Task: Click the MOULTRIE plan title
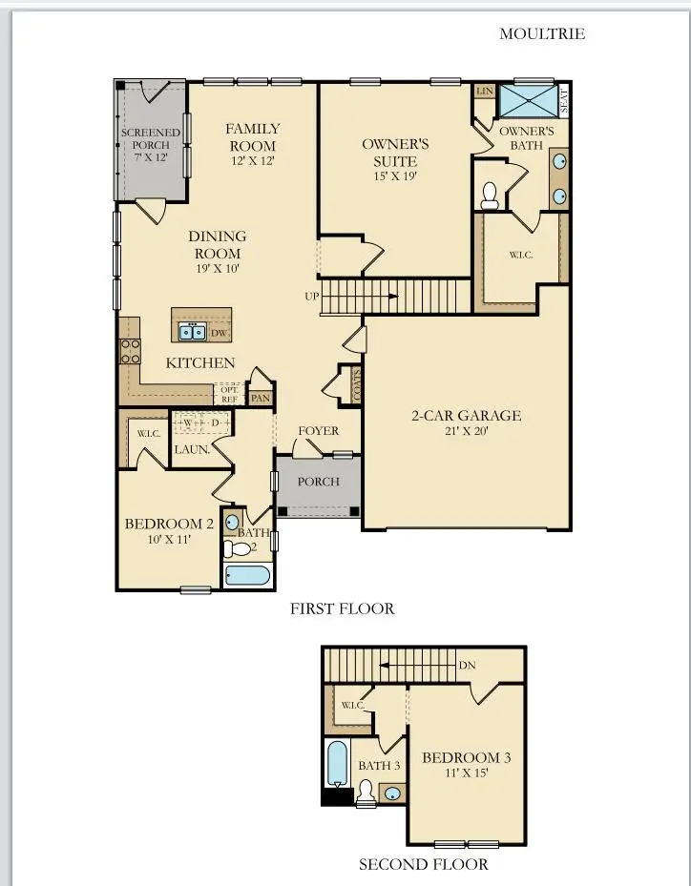click(x=541, y=34)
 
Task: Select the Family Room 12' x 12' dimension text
click(x=252, y=161)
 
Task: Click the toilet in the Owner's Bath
click(x=491, y=196)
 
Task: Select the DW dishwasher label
click(x=218, y=333)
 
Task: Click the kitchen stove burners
click(x=130, y=351)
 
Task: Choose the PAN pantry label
click(x=260, y=398)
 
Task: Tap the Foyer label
click(x=318, y=431)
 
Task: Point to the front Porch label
click(x=318, y=482)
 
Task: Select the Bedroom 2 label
click(x=169, y=524)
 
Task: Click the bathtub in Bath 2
click(x=247, y=575)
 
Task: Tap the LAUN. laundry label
click(x=191, y=448)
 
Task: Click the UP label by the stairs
click(x=311, y=297)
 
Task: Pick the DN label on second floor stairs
click(x=467, y=666)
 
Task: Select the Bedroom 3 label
click(x=467, y=757)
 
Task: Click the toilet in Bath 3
click(x=366, y=792)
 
